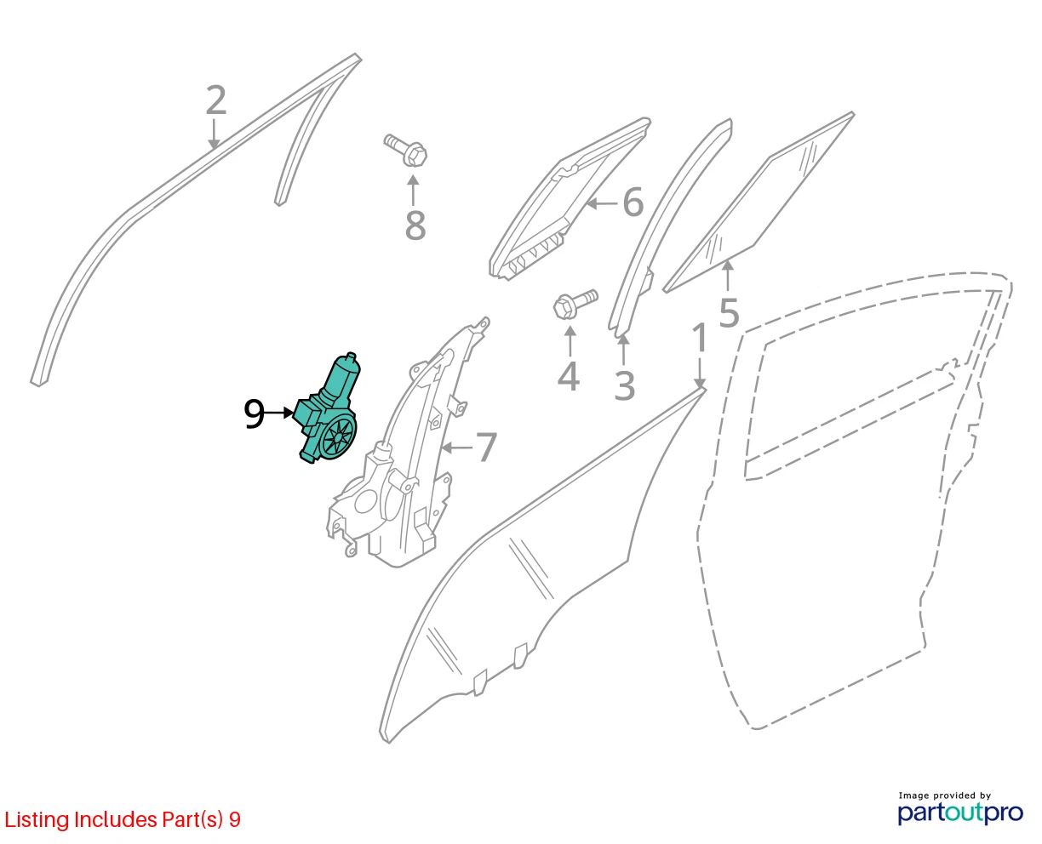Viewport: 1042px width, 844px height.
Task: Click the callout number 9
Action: pos(254,413)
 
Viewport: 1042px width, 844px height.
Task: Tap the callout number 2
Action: pos(216,100)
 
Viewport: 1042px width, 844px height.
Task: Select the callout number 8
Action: pos(415,225)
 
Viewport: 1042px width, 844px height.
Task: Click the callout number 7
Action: pos(486,447)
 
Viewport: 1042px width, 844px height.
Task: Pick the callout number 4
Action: pos(569,377)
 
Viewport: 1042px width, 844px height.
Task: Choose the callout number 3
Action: pos(624,385)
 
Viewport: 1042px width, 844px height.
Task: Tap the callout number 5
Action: pos(729,312)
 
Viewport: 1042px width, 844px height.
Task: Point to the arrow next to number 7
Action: pos(457,447)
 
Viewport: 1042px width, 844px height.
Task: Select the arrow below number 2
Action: pos(214,134)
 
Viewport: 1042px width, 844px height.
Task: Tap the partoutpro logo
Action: pos(960,813)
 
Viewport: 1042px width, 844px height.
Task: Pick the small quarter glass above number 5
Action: pos(759,202)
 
